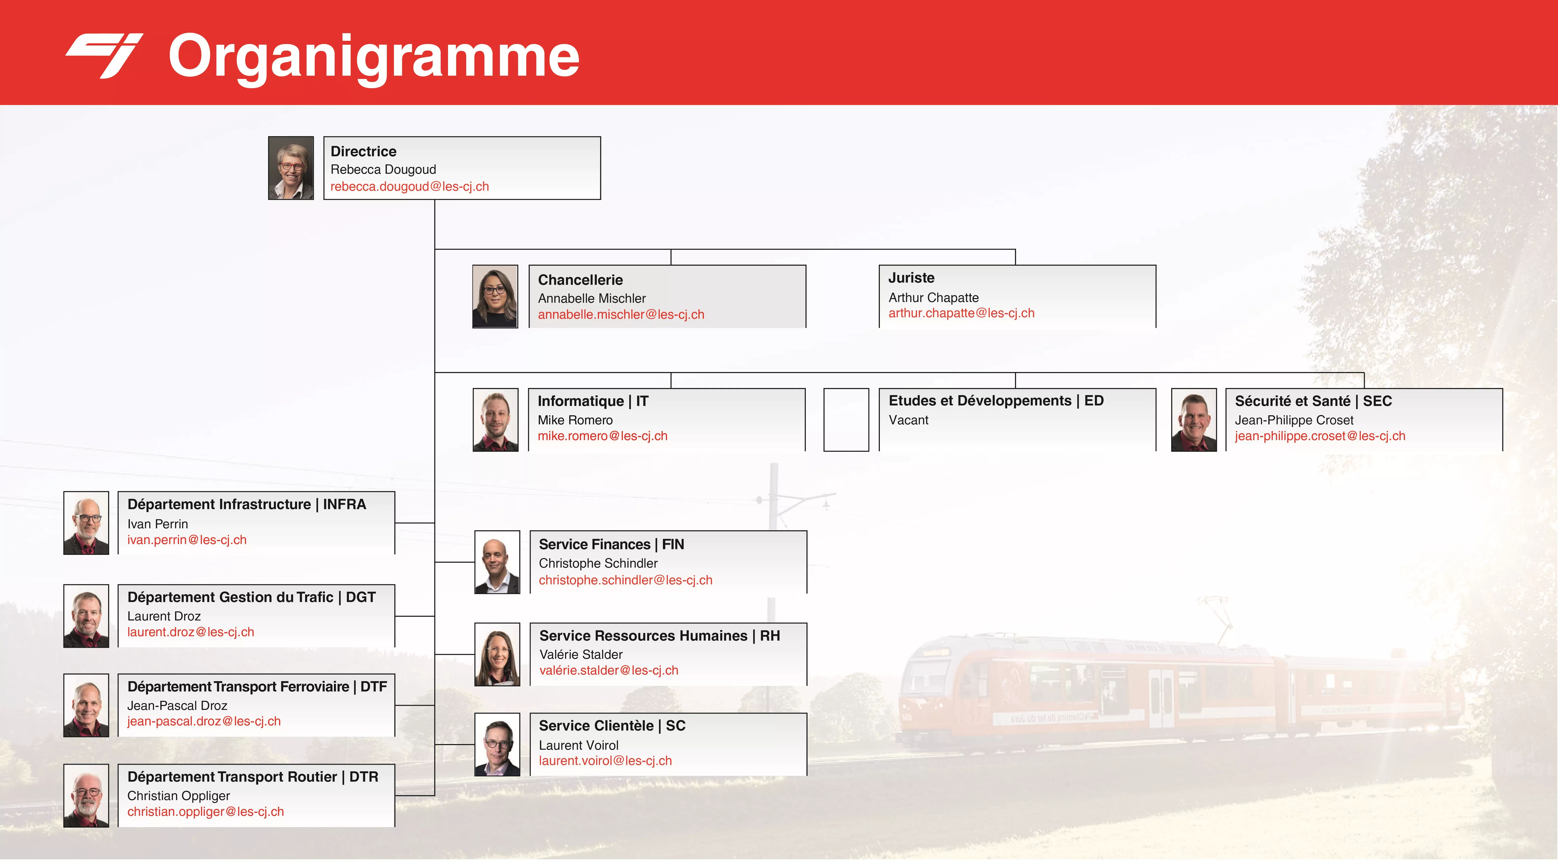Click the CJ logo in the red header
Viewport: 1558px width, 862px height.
[104, 56]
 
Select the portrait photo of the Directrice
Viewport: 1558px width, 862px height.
[291, 168]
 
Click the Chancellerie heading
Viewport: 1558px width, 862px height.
[580, 280]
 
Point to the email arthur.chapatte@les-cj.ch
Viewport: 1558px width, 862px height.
[961, 313]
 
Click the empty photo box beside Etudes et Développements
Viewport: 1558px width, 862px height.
[846, 419]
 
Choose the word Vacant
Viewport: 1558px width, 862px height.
[908, 420]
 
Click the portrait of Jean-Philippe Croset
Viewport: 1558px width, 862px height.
[1194, 419]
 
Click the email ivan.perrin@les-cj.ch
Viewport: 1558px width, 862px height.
[187, 540]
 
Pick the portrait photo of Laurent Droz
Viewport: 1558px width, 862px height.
[87, 616]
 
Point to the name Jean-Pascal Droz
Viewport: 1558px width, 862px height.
[177, 705]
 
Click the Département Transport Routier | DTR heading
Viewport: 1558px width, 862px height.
[253, 777]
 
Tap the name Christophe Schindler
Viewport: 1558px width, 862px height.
[598, 563]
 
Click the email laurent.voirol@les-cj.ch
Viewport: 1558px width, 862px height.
[605, 761]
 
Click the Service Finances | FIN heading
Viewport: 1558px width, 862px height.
[612, 545]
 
